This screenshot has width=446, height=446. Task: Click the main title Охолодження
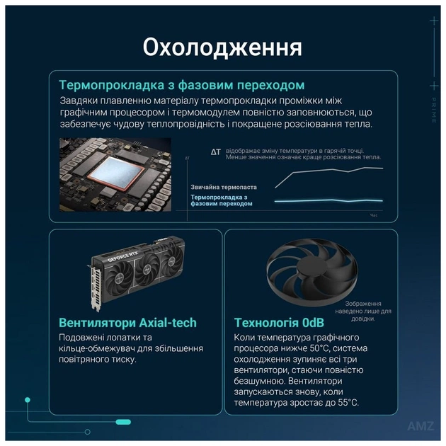[x=222, y=47]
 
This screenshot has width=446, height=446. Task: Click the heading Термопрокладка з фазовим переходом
[x=182, y=85]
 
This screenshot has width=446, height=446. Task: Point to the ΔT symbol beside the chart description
[x=216, y=151]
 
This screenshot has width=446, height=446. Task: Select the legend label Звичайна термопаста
[x=223, y=187]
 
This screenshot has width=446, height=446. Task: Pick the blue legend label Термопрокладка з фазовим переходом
[x=222, y=200]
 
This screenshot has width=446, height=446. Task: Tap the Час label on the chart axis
[x=374, y=215]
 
